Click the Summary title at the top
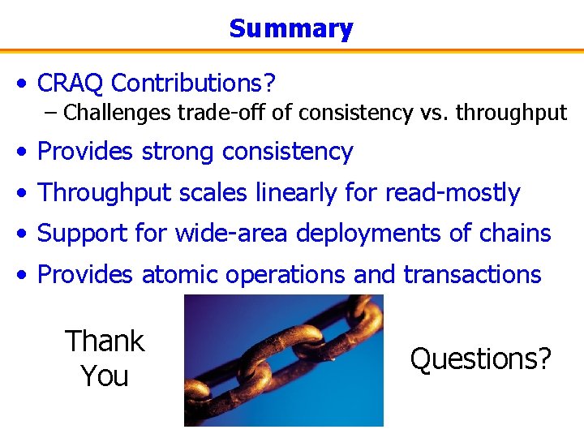291,29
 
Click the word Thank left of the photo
105,341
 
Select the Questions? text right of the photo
480,358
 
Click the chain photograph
283,360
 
